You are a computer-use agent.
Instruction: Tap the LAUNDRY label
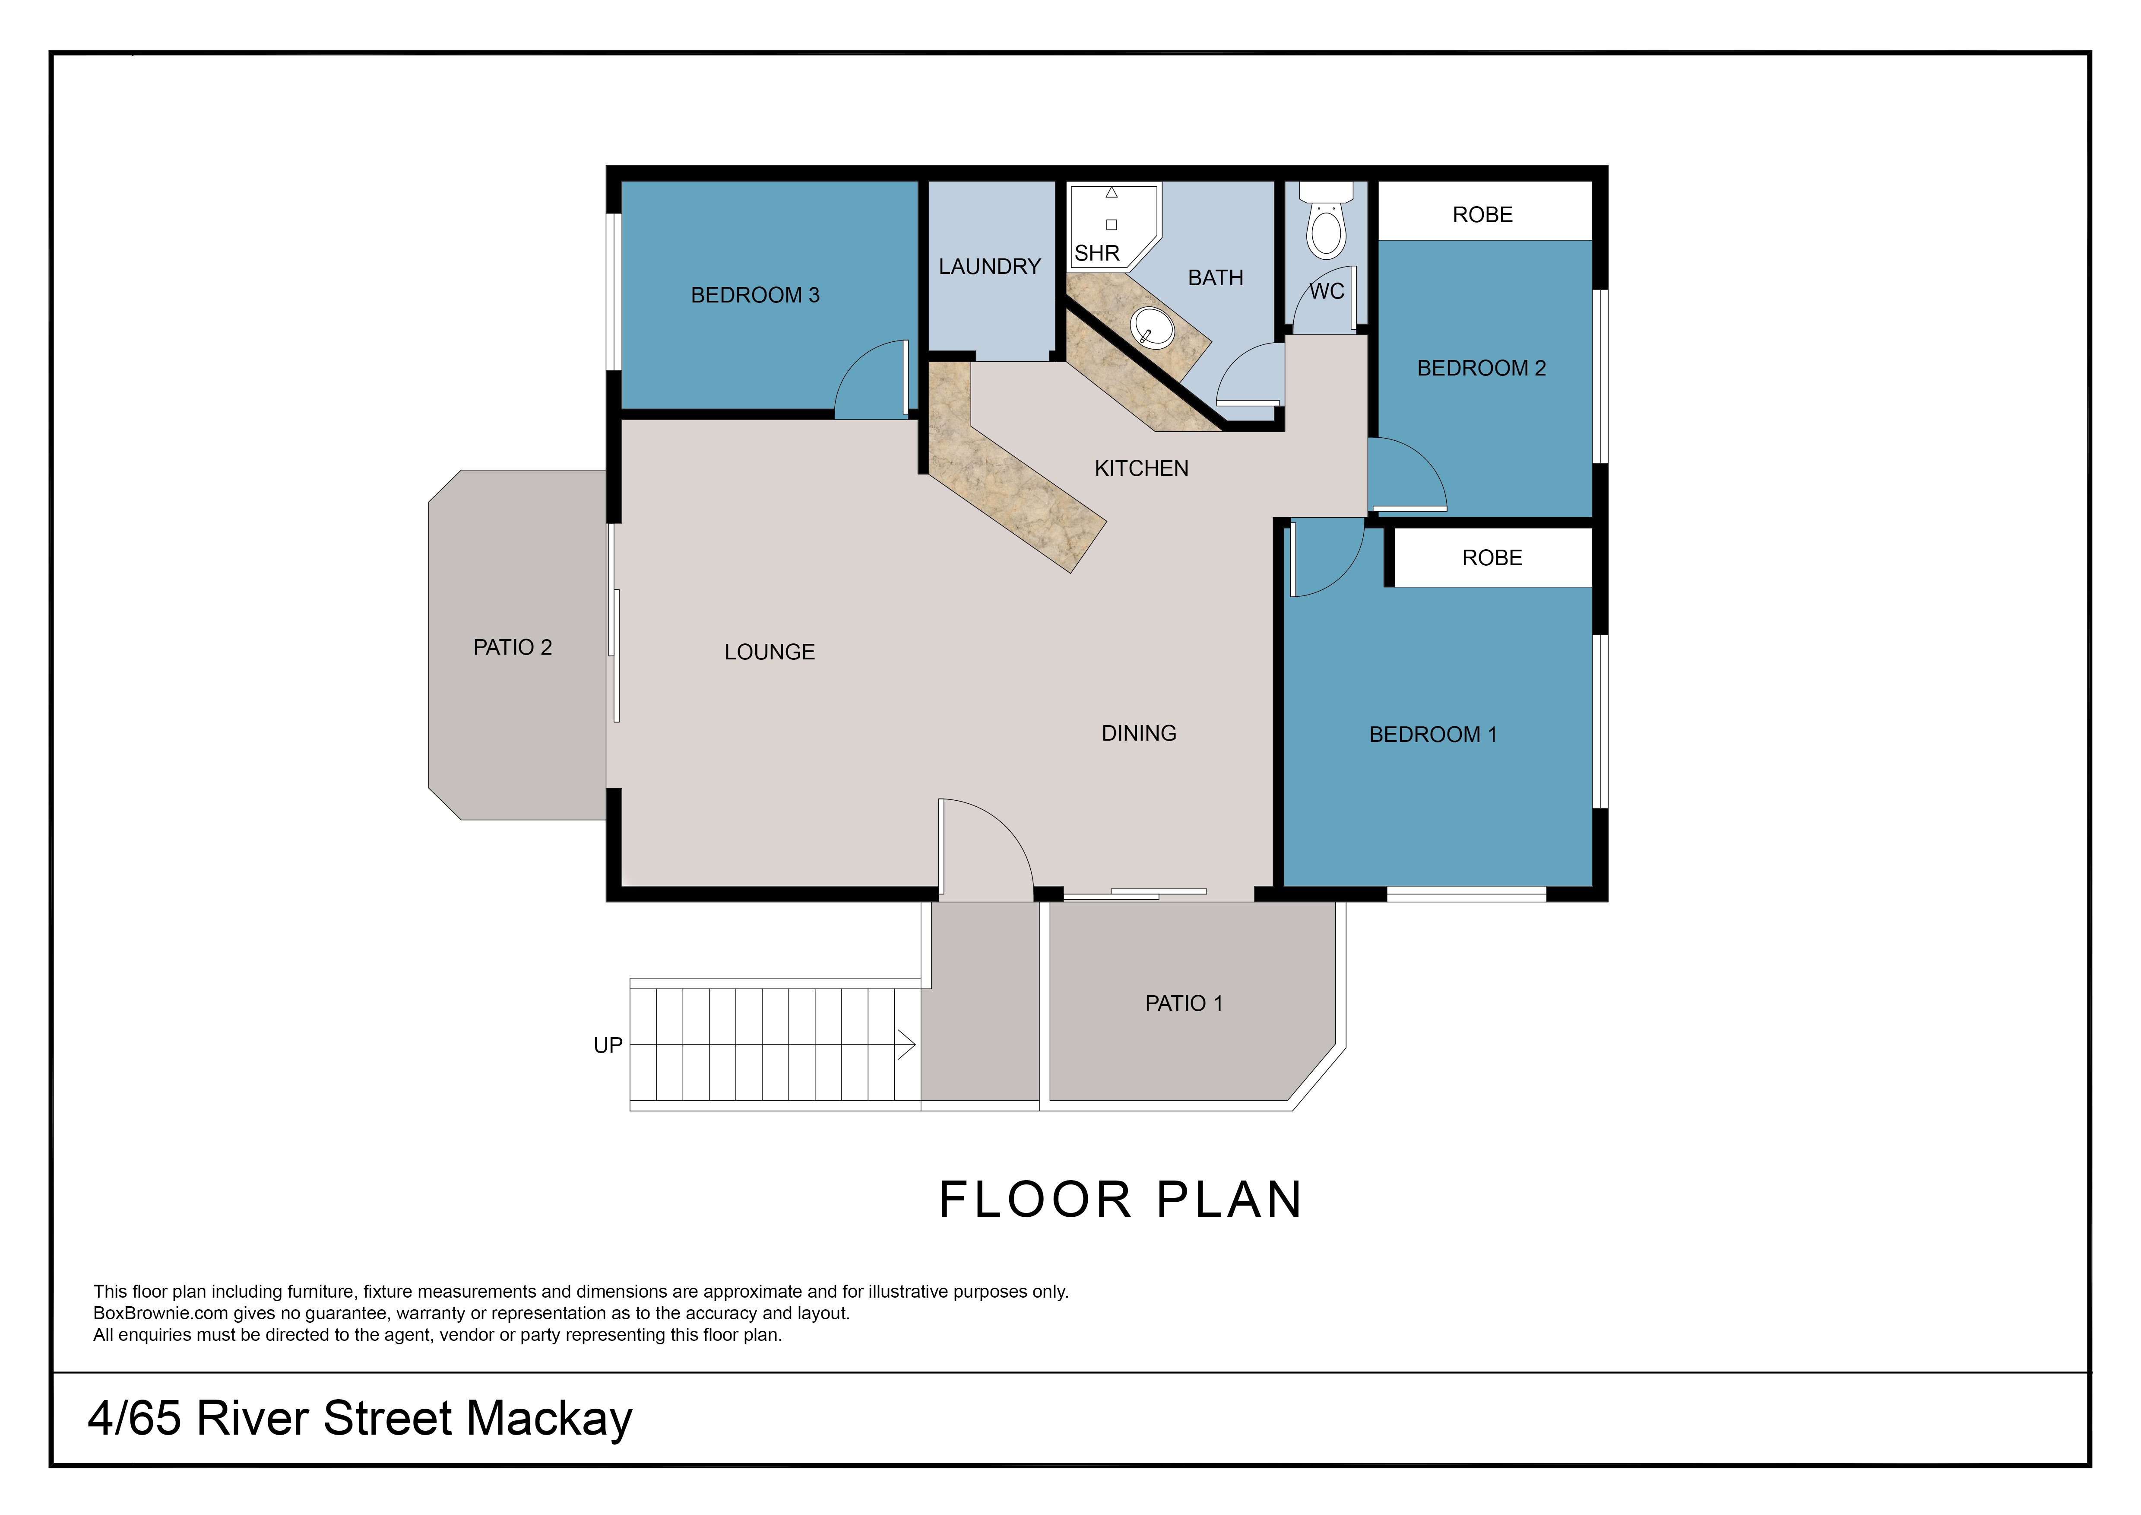[x=989, y=267]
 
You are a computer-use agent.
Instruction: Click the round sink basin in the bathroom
[x=1153, y=327]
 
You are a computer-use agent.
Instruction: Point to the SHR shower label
[x=1096, y=253]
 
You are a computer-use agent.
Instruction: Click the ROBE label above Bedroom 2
[x=1482, y=215]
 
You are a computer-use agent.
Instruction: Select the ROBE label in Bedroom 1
[x=1492, y=558]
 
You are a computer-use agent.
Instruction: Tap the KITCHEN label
[x=1141, y=468]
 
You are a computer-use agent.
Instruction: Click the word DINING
[x=1139, y=733]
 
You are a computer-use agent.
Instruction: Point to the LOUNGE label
[x=770, y=652]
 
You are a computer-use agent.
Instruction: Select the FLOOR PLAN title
[x=1120, y=1200]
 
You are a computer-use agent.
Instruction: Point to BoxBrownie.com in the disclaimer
[x=160, y=1314]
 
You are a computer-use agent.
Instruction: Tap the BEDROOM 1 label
[x=1432, y=735]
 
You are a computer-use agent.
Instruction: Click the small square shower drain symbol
[x=1112, y=225]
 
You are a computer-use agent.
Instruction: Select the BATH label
[x=1215, y=278]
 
